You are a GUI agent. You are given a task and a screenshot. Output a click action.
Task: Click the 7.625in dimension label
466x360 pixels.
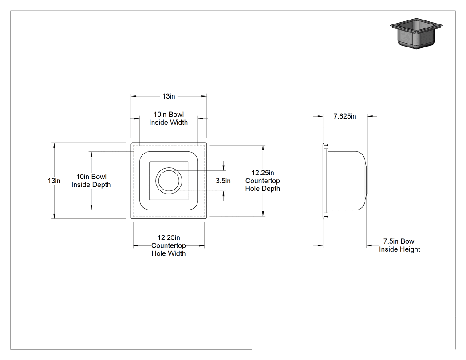tap(345, 116)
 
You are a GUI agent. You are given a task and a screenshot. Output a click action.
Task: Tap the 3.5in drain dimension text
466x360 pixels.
tap(223, 181)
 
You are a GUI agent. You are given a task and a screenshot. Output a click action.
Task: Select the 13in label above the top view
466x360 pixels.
tap(169, 96)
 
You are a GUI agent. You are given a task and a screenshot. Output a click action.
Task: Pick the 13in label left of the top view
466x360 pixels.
tap(54, 181)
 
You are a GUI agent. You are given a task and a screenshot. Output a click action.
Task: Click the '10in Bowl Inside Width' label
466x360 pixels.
tap(169, 119)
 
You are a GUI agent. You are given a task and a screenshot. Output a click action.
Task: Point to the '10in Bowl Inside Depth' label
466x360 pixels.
tap(91, 181)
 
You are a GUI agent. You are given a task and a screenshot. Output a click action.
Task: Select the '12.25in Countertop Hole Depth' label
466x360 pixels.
tap(263, 181)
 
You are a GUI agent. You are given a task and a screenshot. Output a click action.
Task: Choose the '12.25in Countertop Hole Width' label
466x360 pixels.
tap(169, 245)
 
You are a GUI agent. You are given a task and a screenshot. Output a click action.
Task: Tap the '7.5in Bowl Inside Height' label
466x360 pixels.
tap(399, 245)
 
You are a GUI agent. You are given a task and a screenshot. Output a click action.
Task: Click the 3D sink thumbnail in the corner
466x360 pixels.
tap(416, 33)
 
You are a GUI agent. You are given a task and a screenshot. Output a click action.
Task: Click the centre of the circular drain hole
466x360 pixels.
tap(169, 181)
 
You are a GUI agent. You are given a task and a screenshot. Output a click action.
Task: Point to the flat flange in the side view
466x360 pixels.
tap(324, 181)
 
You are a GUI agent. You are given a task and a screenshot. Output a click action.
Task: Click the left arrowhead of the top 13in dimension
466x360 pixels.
tap(134, 96)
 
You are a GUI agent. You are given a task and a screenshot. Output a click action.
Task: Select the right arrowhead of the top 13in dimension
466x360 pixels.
tap(204, 96)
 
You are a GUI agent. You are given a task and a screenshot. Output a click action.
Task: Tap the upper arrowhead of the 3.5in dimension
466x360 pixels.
tap(224, 168)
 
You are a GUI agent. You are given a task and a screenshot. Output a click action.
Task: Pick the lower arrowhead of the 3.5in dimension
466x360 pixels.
tap(224, 194)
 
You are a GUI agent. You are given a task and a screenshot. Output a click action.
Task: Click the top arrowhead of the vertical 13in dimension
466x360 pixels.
tap(54, 146)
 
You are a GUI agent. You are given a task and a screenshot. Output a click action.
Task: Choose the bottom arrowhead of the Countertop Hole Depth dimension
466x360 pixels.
tap(263, 214)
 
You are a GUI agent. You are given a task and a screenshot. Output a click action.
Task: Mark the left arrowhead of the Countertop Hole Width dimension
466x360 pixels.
tap(136, 246)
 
